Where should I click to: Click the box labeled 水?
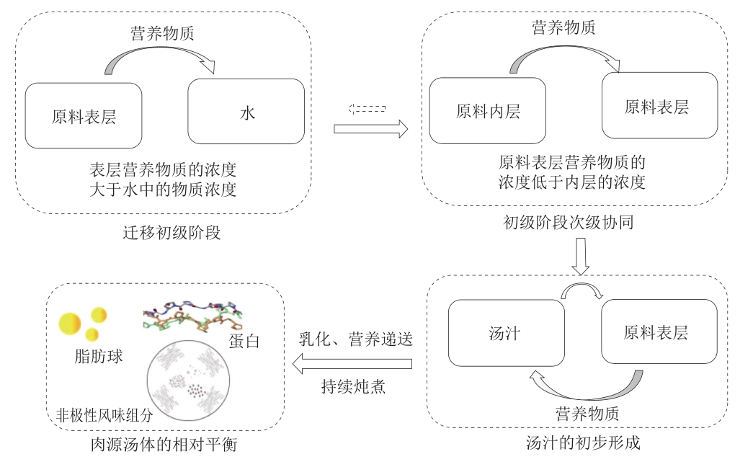[x=246, y=112]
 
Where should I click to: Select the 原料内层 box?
[x=487, y=110]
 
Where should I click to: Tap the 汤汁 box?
[x=506, y=333]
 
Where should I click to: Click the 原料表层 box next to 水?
[x=84, y=116]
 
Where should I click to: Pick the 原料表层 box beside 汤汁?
[x=659, y=332]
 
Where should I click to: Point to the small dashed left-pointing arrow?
[x=367, y=109]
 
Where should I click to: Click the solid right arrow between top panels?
[x=371, y=129]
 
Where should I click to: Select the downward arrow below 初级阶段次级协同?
[x=581, y=257]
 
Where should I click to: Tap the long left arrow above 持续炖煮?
[x=352, y=363]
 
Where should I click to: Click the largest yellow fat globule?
[x=70, y=324]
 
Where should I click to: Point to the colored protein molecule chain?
[x=192, y=316]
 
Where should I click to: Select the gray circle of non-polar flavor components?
[x=188, y=381]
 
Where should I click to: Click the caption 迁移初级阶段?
[x=171, y=233]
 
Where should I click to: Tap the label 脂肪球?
[x=99, y=356]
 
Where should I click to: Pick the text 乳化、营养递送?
[x=355, y=339]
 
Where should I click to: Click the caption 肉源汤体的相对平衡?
[x=164, y=445]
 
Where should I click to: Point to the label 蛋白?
[x=244, y=341]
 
